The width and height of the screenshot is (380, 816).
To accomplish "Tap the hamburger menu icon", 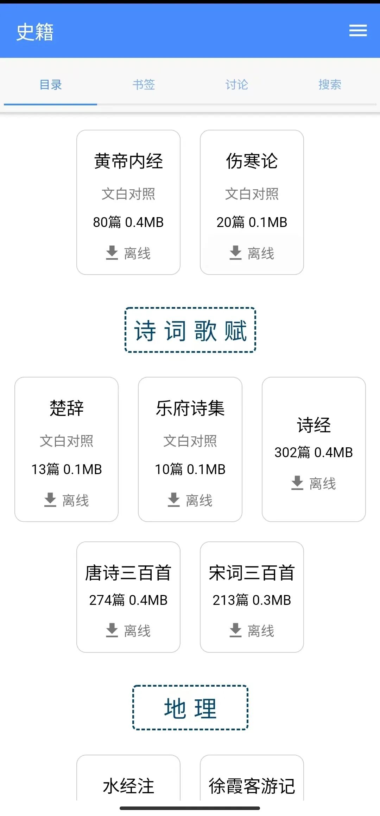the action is coord(358,31).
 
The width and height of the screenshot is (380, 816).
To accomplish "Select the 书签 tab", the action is coord(144,85).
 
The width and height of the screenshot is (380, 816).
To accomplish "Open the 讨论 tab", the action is coord(237,85).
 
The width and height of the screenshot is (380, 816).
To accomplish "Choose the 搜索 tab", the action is coord(330,85).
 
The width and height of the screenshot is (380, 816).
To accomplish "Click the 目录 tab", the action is coord(51,85).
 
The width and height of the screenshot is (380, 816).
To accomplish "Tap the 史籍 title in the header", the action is coord(35,32).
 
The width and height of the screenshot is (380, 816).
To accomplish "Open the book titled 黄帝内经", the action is coord(128,161).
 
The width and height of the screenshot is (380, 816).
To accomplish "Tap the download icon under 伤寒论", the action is coord(235,253).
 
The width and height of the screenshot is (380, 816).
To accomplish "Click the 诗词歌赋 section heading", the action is coord(190,330).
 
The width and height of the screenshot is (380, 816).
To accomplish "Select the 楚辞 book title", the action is coord(66,409).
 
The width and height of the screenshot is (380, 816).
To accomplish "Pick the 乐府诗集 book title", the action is coord(190,409).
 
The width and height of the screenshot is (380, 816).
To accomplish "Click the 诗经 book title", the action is coord(314,425).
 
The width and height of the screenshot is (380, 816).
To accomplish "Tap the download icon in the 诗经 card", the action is coord(297,483).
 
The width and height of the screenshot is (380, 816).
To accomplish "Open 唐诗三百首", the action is coord(128,573).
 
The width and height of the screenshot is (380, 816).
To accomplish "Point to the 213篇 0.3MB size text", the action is coord(252,600).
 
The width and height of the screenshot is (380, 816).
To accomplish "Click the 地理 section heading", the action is coord(190,708).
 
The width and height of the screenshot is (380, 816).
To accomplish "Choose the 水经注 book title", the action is coord(128,786).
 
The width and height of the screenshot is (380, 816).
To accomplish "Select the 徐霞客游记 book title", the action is coord(252,786).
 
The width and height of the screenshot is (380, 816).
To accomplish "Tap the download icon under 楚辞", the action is coord(50,500).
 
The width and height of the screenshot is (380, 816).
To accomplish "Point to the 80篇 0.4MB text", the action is coord(128,222).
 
